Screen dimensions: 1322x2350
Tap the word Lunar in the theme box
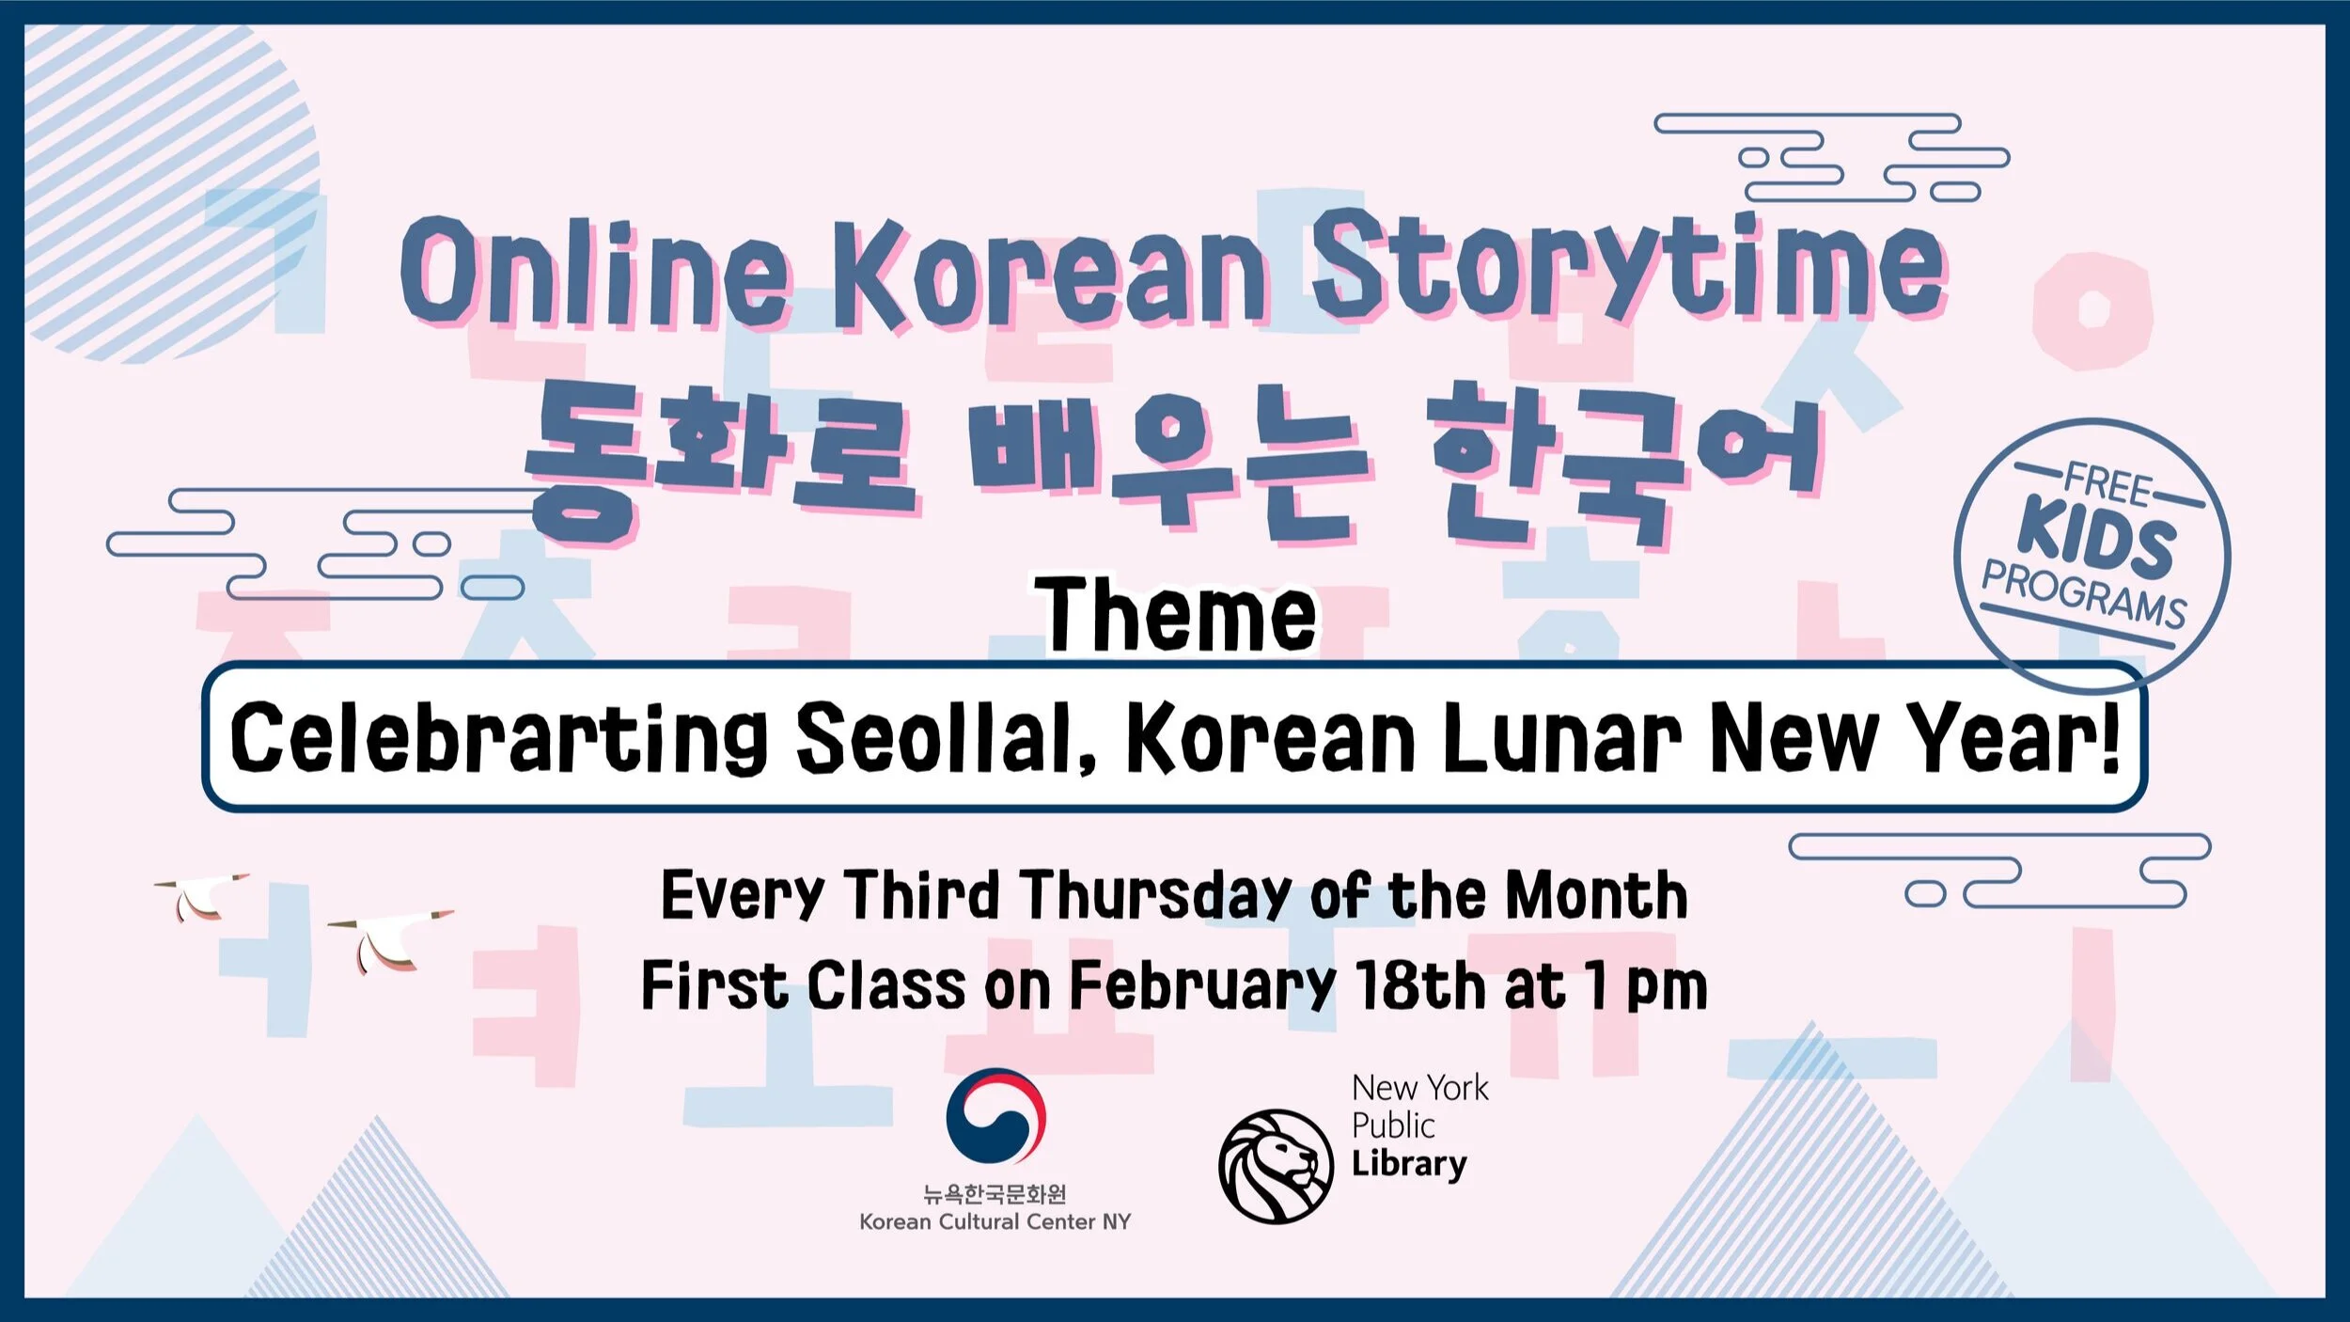(x=1560, y=738)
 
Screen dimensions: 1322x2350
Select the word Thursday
(x=1156, y=895)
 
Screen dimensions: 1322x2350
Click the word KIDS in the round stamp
(x=2096, y=541)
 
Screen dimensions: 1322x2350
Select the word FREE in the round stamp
(x=2107, y=485)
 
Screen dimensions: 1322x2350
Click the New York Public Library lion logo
(x=1276, y=1166)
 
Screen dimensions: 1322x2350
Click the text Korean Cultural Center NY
(x=995, y=1222)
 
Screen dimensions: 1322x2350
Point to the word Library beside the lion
(x=1408, y=1164)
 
